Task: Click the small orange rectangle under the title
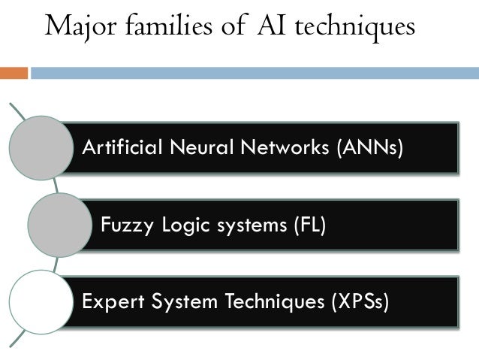point(14,73)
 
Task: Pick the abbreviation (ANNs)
point(365,147)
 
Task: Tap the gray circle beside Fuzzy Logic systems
point(59,225)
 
